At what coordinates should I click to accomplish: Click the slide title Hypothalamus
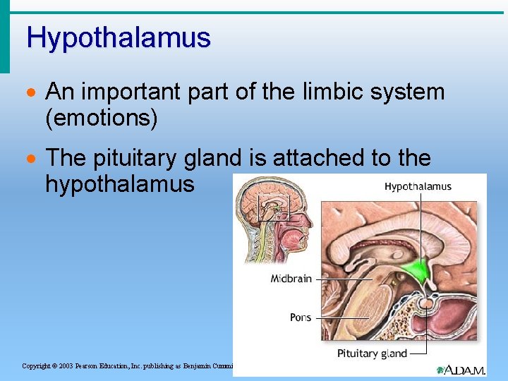click(x=119, y=37)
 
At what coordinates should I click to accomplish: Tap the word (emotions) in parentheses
click(x=101, y=118)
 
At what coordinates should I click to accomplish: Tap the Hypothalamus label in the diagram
click(x=418, y=187)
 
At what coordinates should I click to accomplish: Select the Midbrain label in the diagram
click(x=291, y=279)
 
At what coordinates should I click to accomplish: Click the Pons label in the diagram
click(x=301, y=317)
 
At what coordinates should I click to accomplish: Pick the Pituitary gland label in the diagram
click(x=372, y=353)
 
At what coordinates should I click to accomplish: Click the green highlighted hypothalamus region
click(x=418, y=271)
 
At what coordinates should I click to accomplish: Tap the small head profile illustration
click(x=272, y=219)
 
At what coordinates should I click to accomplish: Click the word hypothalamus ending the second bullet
click(x=119, y=184)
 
